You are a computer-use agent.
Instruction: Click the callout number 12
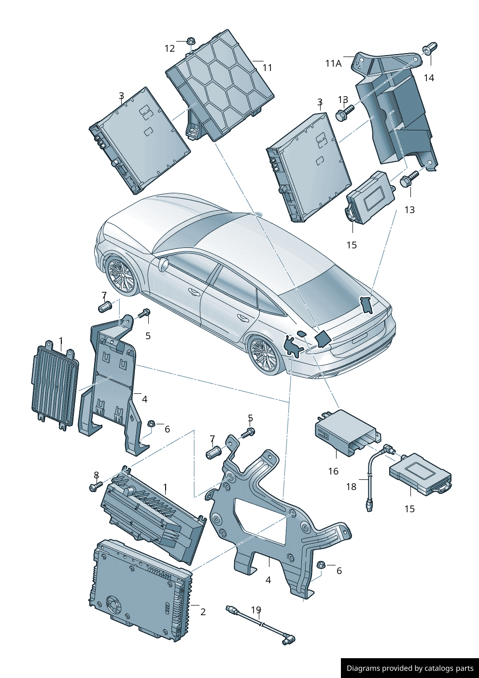click(x=169, y=48)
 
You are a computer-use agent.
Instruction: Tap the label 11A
click(x=333, y=63)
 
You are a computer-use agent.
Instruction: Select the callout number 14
click(x=429, y=78)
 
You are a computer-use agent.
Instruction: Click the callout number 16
click(x=333, y=471)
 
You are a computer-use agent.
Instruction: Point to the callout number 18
click(x=351, y=487)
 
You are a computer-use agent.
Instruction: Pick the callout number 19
click(x=256, y=609)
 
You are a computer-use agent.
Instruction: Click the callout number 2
click(x=203, y=612)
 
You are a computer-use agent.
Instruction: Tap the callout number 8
click(x=96, y=475)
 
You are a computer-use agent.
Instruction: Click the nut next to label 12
click(x=191, y=41)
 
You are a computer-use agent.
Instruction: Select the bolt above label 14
click(x=429, y=48)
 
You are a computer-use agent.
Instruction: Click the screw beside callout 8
click(x=97, y=486)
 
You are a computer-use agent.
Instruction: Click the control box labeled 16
click(x=348, y=432)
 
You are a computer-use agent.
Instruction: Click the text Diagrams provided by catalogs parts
click(x=410, y=668)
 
